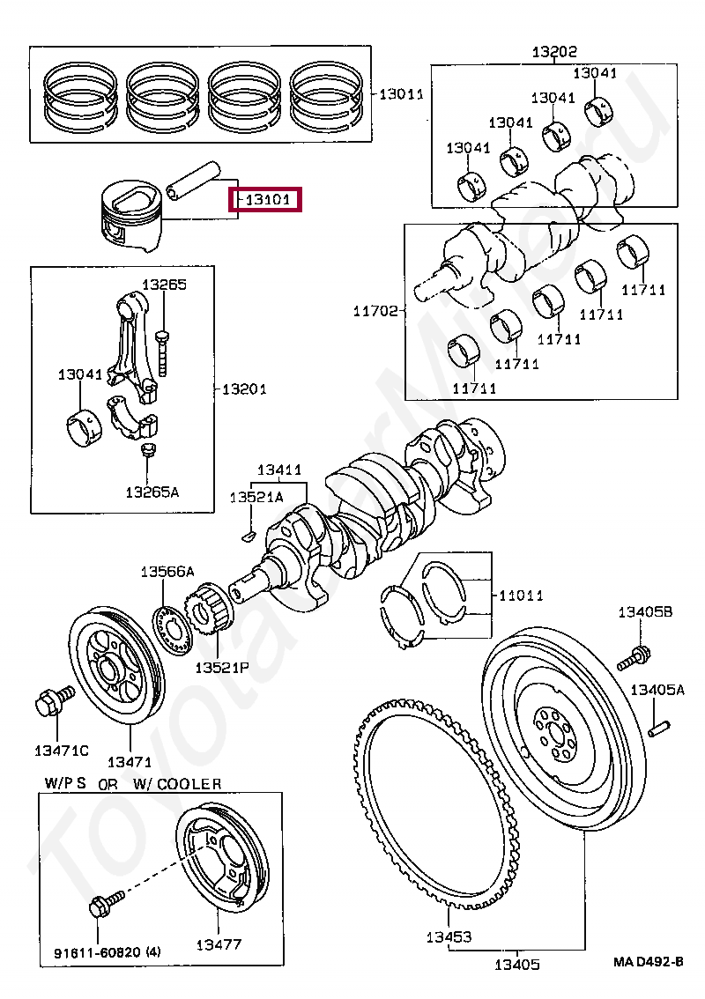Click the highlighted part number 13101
click(x=268, y=200)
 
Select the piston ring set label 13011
click(x=401, y=94)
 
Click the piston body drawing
click(x=131, y=216)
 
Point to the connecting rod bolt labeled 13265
click(x=162, y=352)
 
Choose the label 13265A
click(x=152, y=492)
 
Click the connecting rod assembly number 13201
click(x=243, y=388)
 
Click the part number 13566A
click(x=167, y=572)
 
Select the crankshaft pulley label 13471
click(x=130, y=762)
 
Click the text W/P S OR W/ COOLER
click(x=132, y=784)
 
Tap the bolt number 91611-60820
click(x=97, y=953)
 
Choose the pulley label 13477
click(x=219, y=944)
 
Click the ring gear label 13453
click(x=449, y=936)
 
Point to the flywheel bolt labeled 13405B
click(x=634, y=658)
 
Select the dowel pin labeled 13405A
click(x=657, y=728)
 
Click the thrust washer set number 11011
click(x=521, y=595)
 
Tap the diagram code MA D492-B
click(x=649, y=961)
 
